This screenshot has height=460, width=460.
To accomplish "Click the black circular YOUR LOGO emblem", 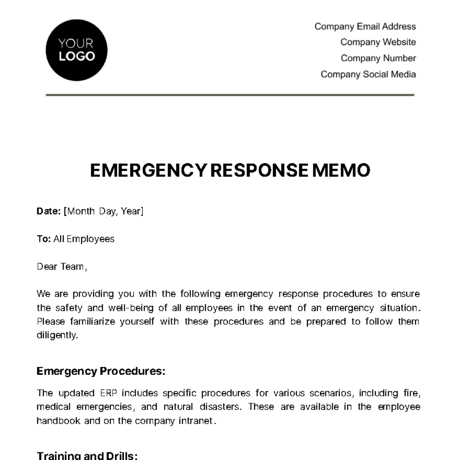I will click(x=76, y=50).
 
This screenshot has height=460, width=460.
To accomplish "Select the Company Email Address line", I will click(x=365, y=26).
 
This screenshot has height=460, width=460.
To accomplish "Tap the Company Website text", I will click(x=378, y=42).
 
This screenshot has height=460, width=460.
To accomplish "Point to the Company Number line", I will click(x=378, y=58).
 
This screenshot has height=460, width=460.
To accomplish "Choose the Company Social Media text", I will click(x=368, y=74).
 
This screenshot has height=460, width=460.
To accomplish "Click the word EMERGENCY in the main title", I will click(x=148, y=171).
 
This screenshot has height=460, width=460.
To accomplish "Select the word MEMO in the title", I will click(x=341, y=171).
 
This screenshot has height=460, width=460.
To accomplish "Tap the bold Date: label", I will click(x=49, y=211).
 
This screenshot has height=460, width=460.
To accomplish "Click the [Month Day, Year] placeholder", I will click(x=103, y=211).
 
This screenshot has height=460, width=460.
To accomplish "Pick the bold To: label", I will click(x=44, y=239).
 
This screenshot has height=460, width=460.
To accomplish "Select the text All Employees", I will click(x=84, y=239).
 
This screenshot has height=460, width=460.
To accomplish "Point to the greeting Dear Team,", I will click(x=62, y=267).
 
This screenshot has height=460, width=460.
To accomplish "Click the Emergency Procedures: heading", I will click(x=101, y=371).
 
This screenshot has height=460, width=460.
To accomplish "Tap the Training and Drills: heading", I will click(x=87, y=455).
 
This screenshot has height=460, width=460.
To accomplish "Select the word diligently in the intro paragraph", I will click(x=57, y=335).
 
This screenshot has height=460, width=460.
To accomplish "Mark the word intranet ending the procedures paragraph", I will click(x=195, y=421).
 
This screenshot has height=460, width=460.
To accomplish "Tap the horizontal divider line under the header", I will click(x=230, y=95).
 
